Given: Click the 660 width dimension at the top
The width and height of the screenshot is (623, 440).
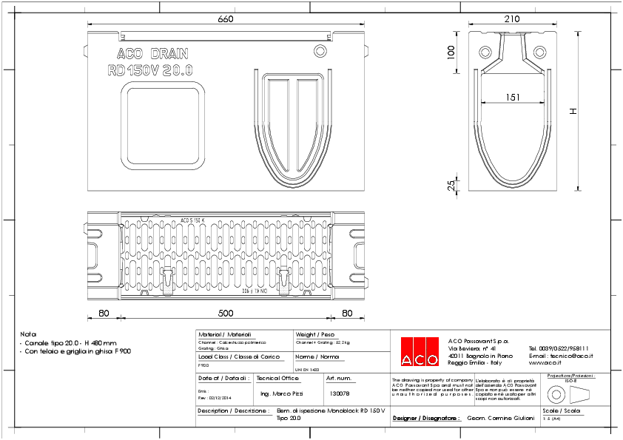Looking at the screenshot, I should coord(226,19).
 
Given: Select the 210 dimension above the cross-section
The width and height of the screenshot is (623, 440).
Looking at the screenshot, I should coord(512,19).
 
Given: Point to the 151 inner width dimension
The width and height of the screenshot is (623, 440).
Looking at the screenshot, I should coord(512,97).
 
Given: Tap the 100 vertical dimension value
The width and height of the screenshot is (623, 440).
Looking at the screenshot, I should coord(450,53).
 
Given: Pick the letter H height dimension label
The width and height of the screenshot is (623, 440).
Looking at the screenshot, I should coord(573,111).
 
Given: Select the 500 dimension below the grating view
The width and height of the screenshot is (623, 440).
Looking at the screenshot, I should coord(226,313).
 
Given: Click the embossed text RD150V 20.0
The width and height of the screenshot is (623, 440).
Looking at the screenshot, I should coord(150,71).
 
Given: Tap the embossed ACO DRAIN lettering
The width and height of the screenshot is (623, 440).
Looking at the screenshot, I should coord(152,54).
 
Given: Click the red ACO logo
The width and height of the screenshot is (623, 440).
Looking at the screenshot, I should coord(419,352).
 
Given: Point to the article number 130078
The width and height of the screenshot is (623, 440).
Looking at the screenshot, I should coord(339,393).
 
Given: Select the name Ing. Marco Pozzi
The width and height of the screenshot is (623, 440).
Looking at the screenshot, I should coord(282,393).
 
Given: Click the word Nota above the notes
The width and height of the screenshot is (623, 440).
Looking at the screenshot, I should coord(28,334).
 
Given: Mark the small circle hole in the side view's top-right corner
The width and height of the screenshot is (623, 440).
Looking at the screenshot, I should coord(320,50).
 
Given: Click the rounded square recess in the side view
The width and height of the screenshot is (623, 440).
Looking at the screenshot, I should coord(162,123).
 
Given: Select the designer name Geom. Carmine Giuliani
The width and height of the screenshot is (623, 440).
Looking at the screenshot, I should coord(500,418).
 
